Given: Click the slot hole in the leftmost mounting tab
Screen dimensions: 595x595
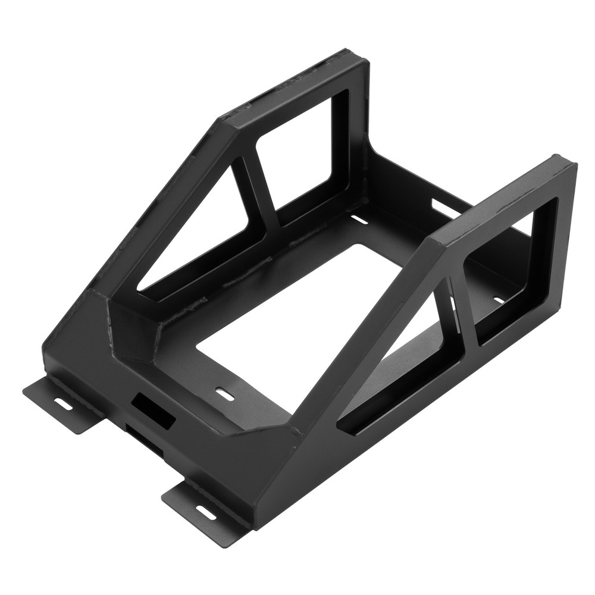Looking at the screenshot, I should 61,403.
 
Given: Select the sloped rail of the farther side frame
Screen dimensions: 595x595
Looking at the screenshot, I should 161,196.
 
